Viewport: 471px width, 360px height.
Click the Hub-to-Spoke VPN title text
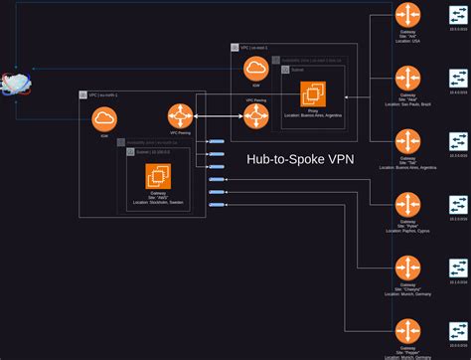click(x=301, y=159)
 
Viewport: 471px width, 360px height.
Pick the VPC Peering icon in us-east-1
click(x=256, y=117)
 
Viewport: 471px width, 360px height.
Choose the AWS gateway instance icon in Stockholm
click(x=159, y=178)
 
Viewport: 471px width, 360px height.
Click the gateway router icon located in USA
click(x=406, y=15)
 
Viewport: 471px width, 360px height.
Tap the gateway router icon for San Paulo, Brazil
click(x=406, y=79)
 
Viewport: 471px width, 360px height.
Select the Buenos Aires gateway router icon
click(x=406, y=141)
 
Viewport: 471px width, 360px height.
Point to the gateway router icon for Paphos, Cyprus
click(x=406, y=205)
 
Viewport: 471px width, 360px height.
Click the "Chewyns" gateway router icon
click(x=406, y=269)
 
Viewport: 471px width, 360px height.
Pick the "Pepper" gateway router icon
click(x=406, y=331)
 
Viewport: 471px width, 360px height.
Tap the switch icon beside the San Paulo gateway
click(x=458, y=79)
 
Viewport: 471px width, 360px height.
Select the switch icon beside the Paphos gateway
click(x=458, y=205)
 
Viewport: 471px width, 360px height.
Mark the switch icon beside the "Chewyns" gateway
click(x=458, y=269)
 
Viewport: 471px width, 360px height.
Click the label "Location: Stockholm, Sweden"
click(x=159, y=202)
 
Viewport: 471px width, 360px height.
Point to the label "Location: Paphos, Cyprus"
click(x=406, y=231)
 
